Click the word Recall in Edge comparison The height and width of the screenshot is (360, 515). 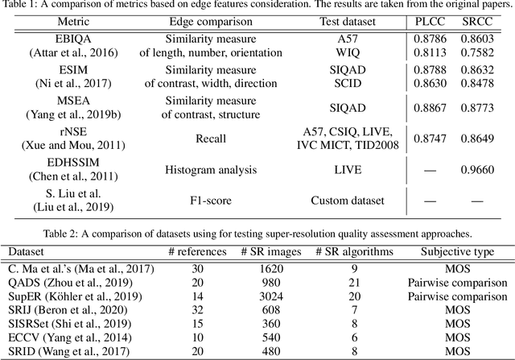(x=187, y=139)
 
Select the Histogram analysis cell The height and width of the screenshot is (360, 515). (x=187, y=171)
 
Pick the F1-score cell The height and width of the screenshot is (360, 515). (x=187, y=201)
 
